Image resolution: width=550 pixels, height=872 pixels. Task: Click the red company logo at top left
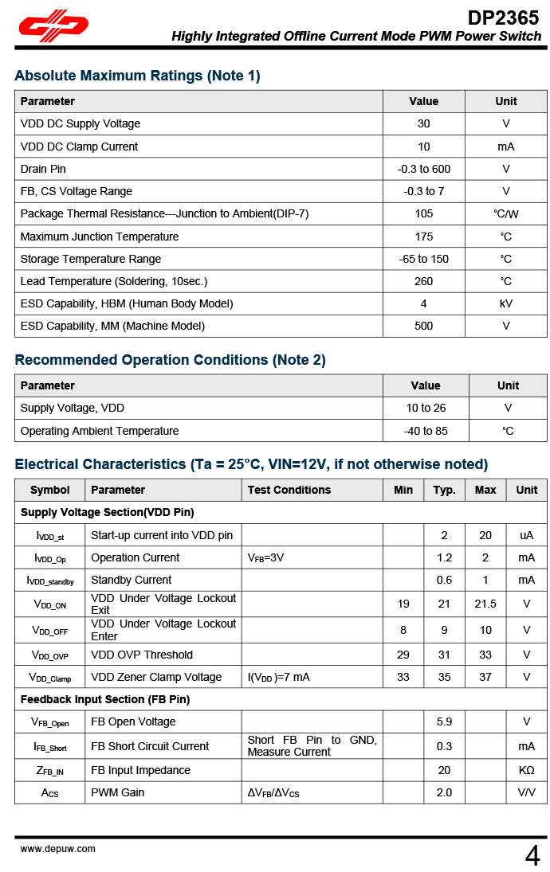(x=53, y=28)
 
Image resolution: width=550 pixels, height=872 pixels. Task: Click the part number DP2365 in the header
(x=503, y=18)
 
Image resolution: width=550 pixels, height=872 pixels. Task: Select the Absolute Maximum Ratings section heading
(x=137, y=76)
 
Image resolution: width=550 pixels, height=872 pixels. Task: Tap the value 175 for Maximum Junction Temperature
(x=423, y=237)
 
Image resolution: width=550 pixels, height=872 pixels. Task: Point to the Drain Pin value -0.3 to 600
(x=423, y=169)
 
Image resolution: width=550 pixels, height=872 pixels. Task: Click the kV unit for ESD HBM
(x=505, y=303)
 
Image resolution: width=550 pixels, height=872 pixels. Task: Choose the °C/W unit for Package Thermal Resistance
(x=505, y=213)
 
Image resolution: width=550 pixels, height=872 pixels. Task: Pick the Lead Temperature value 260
(x=423, y=281)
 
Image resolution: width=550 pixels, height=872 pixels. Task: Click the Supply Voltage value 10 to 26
(x=425, y=408)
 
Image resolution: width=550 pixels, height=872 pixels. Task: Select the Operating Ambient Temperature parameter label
(x=100, y=431)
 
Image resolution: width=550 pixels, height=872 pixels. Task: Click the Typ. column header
(x=444, y=490)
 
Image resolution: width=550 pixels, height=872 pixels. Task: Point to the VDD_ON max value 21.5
(x=485, y=604)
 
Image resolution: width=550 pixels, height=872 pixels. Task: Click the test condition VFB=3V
(x=265, y=557)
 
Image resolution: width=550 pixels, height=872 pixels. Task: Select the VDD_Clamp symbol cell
(x=49, y=678)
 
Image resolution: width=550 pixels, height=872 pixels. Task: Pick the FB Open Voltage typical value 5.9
(x=444, y=721)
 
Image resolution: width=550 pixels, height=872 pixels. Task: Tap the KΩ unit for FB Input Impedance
(x=526, y=770)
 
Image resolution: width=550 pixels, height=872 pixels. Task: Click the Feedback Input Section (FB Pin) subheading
(x=105, y=699)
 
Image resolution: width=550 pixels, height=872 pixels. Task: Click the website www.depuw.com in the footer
(x=58, y=849)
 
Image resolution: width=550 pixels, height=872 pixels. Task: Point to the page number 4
(x=532, y=855)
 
